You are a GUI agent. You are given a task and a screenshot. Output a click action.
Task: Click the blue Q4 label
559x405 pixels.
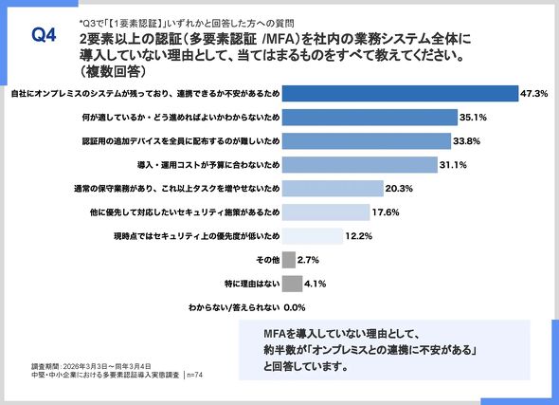coord(44,35)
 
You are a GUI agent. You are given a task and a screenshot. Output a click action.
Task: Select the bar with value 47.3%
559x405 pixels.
coord(400,94)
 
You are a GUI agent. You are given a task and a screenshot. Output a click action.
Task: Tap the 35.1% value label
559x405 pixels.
coord(473,118)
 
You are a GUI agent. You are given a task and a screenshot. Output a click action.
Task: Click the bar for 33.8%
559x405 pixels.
coord(367,141)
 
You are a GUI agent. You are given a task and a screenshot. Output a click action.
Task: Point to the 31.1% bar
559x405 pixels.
coord(360,165)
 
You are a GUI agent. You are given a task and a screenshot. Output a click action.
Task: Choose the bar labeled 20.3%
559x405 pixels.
coord(333,189)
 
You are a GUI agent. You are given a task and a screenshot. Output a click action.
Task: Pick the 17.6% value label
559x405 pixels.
coord(386,212)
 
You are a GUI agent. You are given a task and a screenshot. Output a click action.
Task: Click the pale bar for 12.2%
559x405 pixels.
coord(313,236)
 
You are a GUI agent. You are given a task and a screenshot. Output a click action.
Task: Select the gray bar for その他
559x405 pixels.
coord(289,260)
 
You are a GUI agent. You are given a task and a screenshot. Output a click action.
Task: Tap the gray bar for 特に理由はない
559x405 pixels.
coord(293,284)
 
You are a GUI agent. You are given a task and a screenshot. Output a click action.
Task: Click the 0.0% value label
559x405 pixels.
coord(295,307)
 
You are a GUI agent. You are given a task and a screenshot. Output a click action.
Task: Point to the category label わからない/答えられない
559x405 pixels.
coord(234,307)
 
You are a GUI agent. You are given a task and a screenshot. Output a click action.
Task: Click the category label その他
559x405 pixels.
coord(268,260)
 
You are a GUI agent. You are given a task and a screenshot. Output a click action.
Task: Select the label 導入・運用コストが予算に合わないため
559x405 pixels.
coord(208,165)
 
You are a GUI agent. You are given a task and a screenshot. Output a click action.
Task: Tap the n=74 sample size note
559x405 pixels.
coord(194,375)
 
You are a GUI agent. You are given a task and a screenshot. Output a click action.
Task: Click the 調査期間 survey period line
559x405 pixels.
coord(91,366)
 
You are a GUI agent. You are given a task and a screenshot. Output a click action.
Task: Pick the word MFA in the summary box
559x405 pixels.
coord(275,334)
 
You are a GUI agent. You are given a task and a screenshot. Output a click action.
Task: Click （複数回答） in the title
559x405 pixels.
coord(113,71)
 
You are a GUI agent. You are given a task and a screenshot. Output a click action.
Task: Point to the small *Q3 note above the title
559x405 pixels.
coord(187,24)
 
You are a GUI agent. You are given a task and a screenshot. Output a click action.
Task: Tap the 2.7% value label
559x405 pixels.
coord(308,260)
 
